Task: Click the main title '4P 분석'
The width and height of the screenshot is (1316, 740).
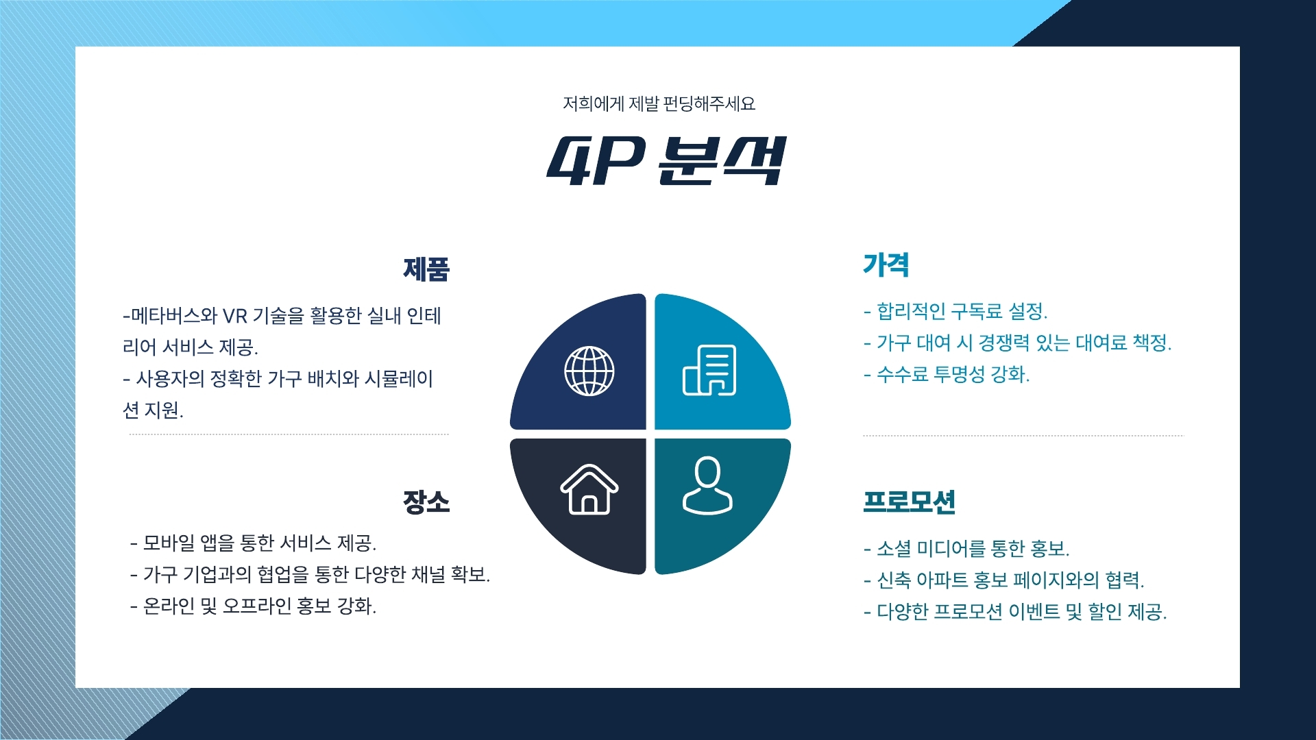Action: (665, 162)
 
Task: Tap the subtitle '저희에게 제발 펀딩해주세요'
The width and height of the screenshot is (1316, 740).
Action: (659, 103)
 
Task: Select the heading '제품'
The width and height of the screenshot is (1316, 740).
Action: (426, 269)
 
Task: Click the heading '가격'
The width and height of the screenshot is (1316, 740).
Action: (886, 265)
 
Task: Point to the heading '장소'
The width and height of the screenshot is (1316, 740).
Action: (426, 502)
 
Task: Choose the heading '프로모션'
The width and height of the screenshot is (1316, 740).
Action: (909, 502)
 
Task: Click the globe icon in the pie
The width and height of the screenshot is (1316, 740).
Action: (589, 371)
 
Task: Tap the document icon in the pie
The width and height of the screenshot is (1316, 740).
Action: (709, 370)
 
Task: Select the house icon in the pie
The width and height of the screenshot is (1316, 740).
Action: (589, 489)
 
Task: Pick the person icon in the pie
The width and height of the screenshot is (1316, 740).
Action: (707, 485)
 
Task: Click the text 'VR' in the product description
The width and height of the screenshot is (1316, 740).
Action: (234, 316)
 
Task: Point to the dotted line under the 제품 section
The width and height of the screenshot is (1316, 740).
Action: (289, 434)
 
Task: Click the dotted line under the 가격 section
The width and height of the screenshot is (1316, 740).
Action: (1023, 435)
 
